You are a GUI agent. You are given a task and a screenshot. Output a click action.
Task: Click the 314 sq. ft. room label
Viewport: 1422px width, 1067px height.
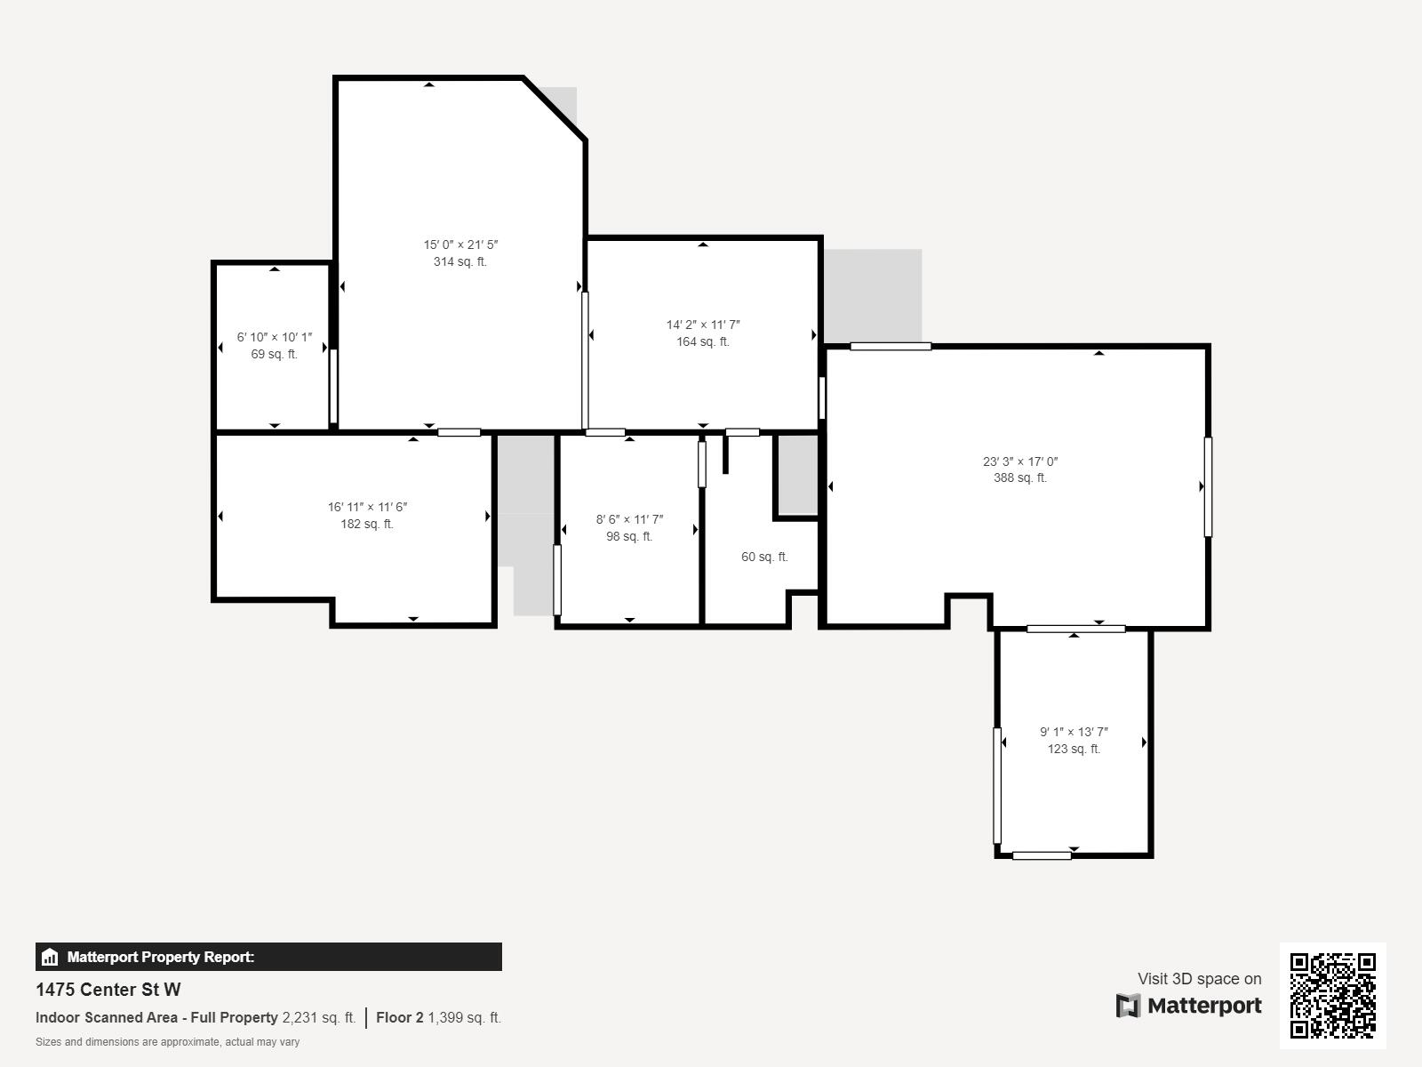coord(459,262)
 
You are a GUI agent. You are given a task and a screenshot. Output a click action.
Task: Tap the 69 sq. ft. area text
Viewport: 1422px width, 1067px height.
coord(274,355)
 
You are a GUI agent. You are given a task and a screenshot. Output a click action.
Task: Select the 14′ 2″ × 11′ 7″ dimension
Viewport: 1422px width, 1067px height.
coord(703,325)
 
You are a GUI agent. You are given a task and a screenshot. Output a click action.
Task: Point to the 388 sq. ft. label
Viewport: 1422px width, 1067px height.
coord(1019,478)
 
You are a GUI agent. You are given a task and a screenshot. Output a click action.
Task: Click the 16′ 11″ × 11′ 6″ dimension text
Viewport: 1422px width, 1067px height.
coord(367,508)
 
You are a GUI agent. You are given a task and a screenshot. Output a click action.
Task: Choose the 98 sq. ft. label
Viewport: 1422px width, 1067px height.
coord(629,537)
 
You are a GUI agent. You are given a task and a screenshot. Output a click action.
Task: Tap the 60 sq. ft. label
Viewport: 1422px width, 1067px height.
coord(764,558)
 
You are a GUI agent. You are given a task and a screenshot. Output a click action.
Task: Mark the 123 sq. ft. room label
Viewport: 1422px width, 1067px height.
coord(1074,750)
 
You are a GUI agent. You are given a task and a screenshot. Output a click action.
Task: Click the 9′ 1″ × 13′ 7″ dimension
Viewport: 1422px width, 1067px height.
coord(1074,733)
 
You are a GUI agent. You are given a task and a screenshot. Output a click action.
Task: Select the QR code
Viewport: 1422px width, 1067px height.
coord(1332,995)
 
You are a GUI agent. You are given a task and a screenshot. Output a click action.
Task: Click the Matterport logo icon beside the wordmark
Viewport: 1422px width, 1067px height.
coord(1128,1006)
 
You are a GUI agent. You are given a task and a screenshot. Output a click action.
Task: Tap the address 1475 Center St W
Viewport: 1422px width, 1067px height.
coord(108,990)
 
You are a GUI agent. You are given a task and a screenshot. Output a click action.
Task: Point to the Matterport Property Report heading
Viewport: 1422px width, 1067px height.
coord(161,958)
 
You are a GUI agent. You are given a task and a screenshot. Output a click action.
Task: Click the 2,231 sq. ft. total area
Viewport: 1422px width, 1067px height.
coord(318,1018)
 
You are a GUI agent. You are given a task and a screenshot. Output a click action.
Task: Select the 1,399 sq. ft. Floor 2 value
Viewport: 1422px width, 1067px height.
coord(464,1018)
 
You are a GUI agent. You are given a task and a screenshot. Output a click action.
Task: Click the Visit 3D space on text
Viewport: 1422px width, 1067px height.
coord(1199,979)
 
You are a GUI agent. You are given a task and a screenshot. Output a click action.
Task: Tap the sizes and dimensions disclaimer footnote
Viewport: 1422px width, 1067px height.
coord(167,1042)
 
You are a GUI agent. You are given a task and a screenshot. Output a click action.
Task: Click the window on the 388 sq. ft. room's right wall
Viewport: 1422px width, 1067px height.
coord(1208,486)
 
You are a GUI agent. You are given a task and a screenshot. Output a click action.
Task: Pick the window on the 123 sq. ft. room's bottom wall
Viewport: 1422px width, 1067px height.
coord(1042,855)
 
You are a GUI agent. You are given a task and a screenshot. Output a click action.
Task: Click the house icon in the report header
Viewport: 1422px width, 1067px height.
coord(50,958)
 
